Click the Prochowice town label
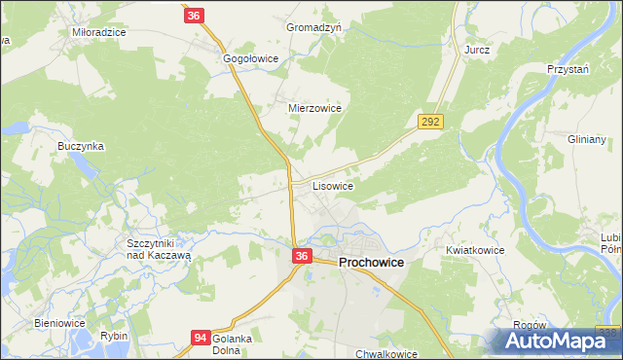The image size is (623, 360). point(372,263)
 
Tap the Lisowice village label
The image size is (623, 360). point(333,185)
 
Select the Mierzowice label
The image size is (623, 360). point(314,109)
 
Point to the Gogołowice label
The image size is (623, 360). point(251,59)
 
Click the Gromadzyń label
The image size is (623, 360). point(313,28)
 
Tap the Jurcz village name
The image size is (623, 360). point(477,49)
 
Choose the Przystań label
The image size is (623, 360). point(569,70)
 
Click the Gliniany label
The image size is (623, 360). point(587,139)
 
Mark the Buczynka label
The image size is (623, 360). point(81,146)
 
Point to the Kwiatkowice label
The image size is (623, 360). point(475,250)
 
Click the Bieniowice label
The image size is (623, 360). point(60,323)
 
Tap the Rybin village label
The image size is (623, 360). point(114,336)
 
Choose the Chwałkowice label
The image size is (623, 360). point(387,354)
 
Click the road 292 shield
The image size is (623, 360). point(431,122)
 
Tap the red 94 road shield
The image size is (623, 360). point(200,338)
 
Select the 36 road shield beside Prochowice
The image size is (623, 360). point(302,256)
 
